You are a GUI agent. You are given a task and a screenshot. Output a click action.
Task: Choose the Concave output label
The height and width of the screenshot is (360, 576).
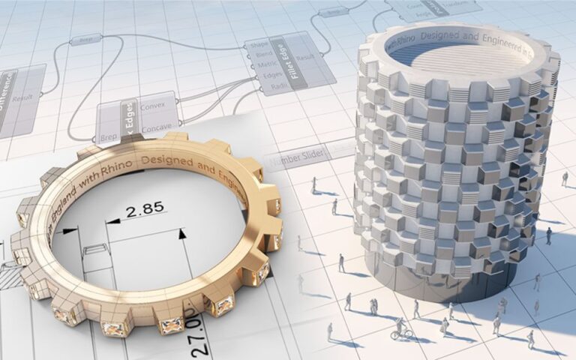tap(154, 125)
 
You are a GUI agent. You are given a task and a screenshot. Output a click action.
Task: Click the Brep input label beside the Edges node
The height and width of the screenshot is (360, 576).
tap(108, 138)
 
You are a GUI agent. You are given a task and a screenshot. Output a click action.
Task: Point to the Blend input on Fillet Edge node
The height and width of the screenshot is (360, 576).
tap(260, 54)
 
